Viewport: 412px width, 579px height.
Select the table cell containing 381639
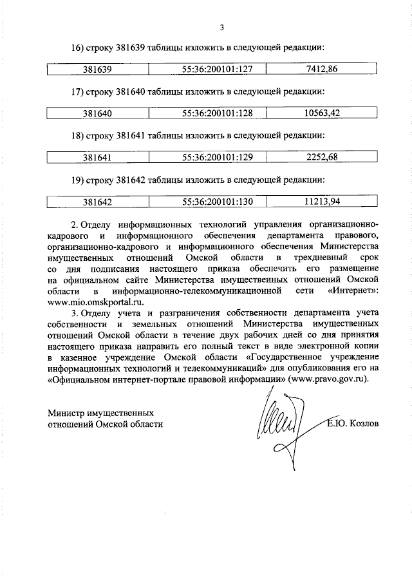point(98,69)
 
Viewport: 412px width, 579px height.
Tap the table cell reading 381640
point(98,113)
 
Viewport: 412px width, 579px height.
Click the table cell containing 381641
point(98,157)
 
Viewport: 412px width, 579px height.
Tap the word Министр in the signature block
point(68,412)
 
